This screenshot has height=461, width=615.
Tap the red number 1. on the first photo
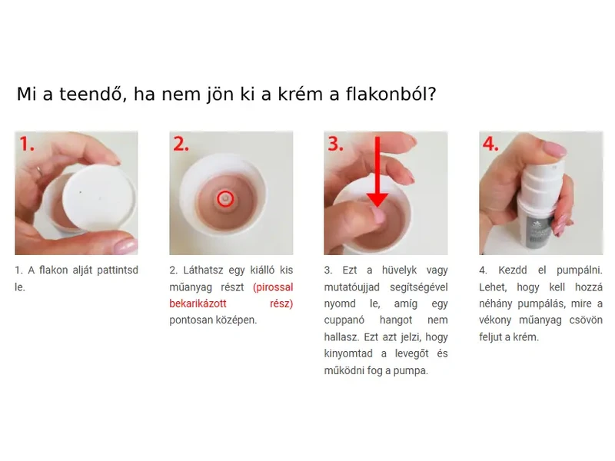(28, 144)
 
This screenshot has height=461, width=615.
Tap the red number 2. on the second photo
(182, 144)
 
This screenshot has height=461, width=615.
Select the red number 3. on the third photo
(337, 144)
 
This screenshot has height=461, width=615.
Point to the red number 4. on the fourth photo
(490, 144)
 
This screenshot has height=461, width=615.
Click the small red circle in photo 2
(224, 198)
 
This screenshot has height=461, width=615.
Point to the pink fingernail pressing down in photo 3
(377, 214)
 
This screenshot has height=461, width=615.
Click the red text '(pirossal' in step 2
(273, 287)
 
